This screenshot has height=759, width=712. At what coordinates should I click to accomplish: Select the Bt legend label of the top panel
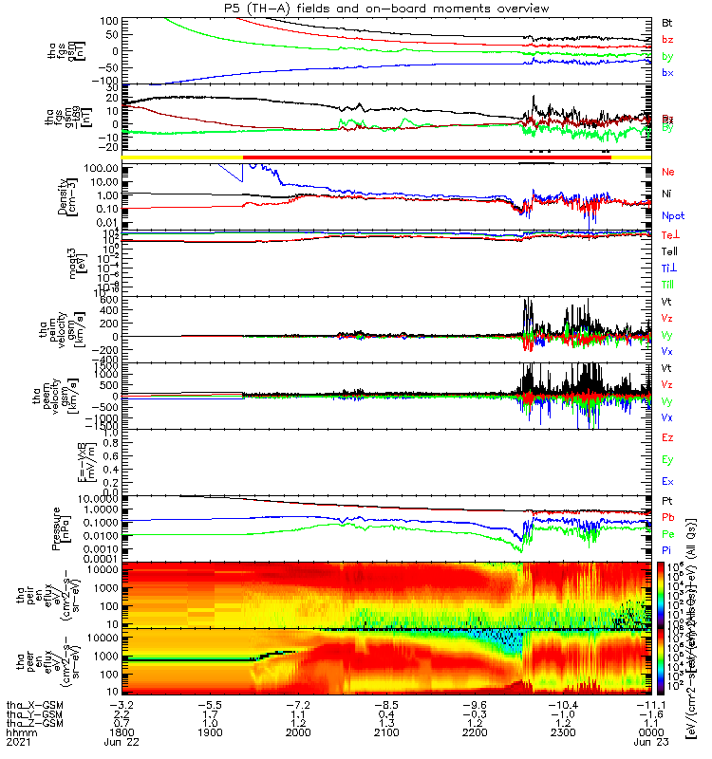[666, 22]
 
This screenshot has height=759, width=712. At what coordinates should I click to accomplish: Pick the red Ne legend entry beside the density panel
[666, 172]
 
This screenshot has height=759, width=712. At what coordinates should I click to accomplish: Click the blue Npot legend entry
[671, 216]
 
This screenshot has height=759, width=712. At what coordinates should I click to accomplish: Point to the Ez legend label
[666, 437]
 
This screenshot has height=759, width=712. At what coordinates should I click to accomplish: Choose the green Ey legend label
[666, 459]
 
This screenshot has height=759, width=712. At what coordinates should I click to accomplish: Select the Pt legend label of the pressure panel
[666, 500]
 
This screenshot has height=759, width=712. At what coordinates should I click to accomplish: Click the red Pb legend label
[666, 518]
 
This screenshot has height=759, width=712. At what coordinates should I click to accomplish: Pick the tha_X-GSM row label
[33, 705]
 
